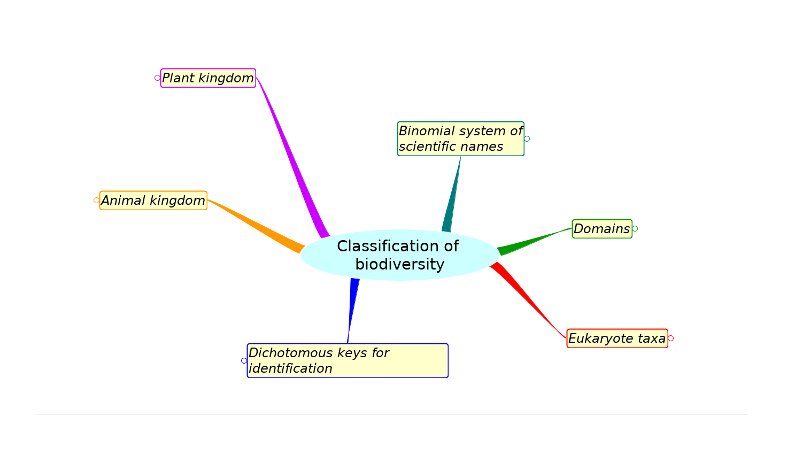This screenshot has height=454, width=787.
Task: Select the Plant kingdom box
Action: pos(208,78)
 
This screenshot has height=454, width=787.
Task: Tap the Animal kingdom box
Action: pos(153,201)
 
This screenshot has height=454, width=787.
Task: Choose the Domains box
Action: pos(602,229)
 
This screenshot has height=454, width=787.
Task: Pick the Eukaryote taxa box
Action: pos(617,338)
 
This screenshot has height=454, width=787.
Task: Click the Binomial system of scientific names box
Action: pos(460,138)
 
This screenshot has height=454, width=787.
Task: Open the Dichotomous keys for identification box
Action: pos(348,360)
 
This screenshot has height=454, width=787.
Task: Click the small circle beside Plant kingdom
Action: pos(157,78)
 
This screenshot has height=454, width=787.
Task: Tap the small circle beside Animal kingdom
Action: pos(96,201)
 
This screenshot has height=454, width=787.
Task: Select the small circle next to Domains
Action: pos(635,229)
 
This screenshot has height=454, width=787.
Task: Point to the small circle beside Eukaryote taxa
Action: pos(670,338)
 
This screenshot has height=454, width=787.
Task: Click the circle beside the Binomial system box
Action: pos(527,139)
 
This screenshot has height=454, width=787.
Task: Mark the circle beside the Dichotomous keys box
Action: pos(244,360)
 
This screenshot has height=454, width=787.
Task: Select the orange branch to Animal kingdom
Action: pos(257,225)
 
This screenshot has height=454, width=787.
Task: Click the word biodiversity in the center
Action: pos(400,264)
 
